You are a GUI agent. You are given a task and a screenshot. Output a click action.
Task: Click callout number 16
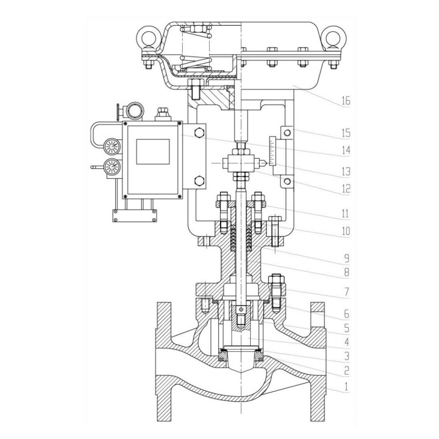click(x=346, y=101)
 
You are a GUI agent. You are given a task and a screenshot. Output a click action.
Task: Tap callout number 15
click(x=346, y=133)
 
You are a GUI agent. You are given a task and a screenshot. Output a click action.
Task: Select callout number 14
click(x=346, y=149)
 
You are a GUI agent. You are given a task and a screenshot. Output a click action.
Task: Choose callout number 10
click(x=346, y=232)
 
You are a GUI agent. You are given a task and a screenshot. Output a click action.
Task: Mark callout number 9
click(x=346, y=257)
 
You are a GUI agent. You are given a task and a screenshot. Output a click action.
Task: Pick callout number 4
click(x=346, y=342)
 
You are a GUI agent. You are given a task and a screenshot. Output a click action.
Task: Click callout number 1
click(x=346, y=387)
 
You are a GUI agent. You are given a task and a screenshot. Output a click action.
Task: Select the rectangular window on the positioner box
click(x=153, y=151)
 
